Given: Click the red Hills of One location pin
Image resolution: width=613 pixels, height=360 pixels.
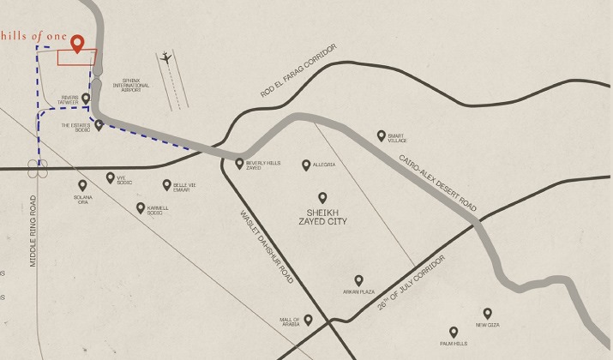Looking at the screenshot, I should [x=77, y=44].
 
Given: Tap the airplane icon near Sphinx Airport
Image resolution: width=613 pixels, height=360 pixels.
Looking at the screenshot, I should [x=165, y=58].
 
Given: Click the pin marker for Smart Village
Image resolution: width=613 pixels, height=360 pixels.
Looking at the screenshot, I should [x=382, y=135].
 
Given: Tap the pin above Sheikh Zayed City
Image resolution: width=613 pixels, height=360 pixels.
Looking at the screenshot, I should [x=323, y=197].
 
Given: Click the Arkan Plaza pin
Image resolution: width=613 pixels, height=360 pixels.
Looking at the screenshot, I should [x=358, y=279].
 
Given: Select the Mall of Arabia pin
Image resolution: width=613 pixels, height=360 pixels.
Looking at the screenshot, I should [x=308, y=320].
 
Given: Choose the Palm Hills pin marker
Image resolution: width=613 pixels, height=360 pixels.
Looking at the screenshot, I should [x=454, y=332].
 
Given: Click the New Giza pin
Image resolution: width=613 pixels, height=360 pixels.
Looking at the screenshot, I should [x=487, y=313].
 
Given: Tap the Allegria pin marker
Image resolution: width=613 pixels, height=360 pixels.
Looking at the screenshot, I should [x=305, y=165].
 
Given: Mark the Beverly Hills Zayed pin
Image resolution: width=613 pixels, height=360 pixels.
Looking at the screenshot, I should [x=239, y=163].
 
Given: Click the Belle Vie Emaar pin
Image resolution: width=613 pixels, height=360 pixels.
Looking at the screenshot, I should [x=167, y=184].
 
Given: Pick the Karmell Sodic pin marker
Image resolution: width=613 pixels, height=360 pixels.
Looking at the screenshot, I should [x=141, y=207].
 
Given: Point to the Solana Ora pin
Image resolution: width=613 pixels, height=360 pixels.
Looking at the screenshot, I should [x=82, y=185].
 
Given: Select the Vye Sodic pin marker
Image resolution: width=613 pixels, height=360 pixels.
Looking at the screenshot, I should [x=110, y=177].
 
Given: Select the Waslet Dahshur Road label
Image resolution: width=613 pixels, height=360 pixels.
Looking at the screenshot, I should [x=267, y=248].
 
